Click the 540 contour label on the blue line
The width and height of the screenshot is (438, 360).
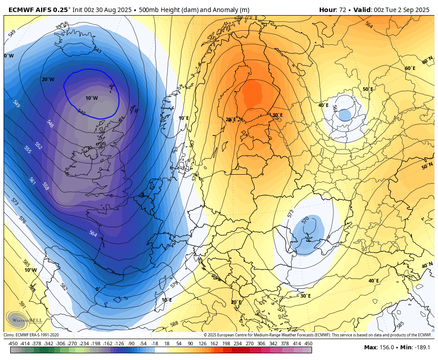(81, 112)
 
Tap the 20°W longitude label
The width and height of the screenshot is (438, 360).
(48, 79)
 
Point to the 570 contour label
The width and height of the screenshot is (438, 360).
(305, 220)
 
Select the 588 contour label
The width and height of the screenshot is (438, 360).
(174, 324)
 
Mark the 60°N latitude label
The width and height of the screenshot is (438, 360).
(427, 61)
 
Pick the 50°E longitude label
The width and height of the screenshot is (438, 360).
(368, 89)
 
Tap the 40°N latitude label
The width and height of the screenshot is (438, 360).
(427, 265)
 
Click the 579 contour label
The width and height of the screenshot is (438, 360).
(174, 284)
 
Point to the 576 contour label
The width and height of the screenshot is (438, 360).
(22, 220)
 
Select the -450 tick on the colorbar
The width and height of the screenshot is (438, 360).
(13, 344)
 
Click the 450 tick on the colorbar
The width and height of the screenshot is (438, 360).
(308, 344)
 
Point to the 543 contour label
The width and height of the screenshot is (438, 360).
(97, 51)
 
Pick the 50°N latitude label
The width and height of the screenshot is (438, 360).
(427, 166)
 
